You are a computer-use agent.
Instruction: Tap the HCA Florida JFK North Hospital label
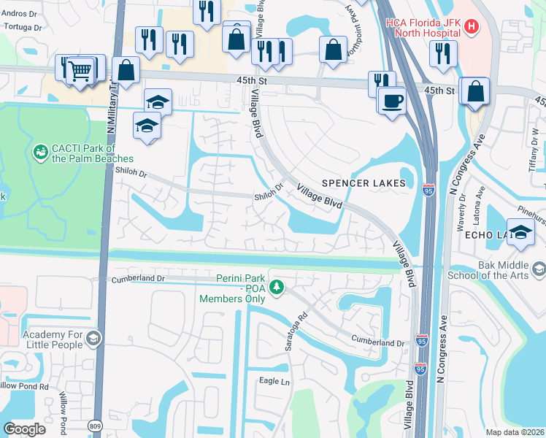[424, 27]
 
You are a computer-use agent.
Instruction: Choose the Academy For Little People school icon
[93, 339]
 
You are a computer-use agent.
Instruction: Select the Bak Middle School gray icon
[539, 269]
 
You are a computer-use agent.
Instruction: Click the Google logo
[24, 429]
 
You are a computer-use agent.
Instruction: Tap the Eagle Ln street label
[274, 381]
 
